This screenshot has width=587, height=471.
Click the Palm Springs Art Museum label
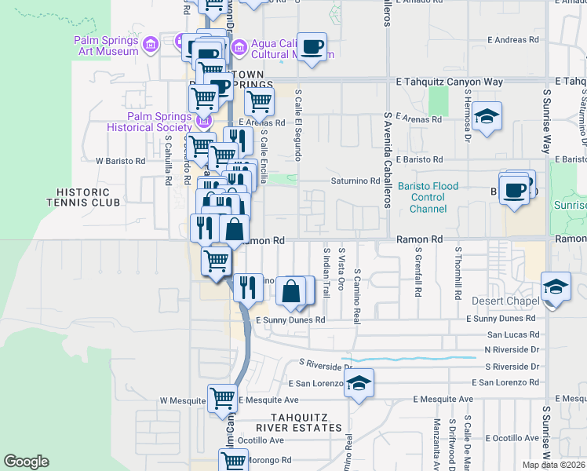(106, 46)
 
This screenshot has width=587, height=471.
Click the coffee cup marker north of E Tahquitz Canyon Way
(312, 47)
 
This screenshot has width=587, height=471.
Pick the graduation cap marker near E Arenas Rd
(487, 118)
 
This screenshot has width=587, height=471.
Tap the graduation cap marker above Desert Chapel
(555, 287)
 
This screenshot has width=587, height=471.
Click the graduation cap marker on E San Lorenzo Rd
(359, 383)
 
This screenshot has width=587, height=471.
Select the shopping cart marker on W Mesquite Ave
(223, 399)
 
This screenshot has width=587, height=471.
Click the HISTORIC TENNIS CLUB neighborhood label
(88, 196)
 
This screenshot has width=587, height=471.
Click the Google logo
(26, 462)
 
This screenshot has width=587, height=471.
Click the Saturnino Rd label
(353, 181)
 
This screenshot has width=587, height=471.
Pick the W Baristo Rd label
(121, 161)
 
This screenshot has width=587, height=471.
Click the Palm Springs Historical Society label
(160, 122)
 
